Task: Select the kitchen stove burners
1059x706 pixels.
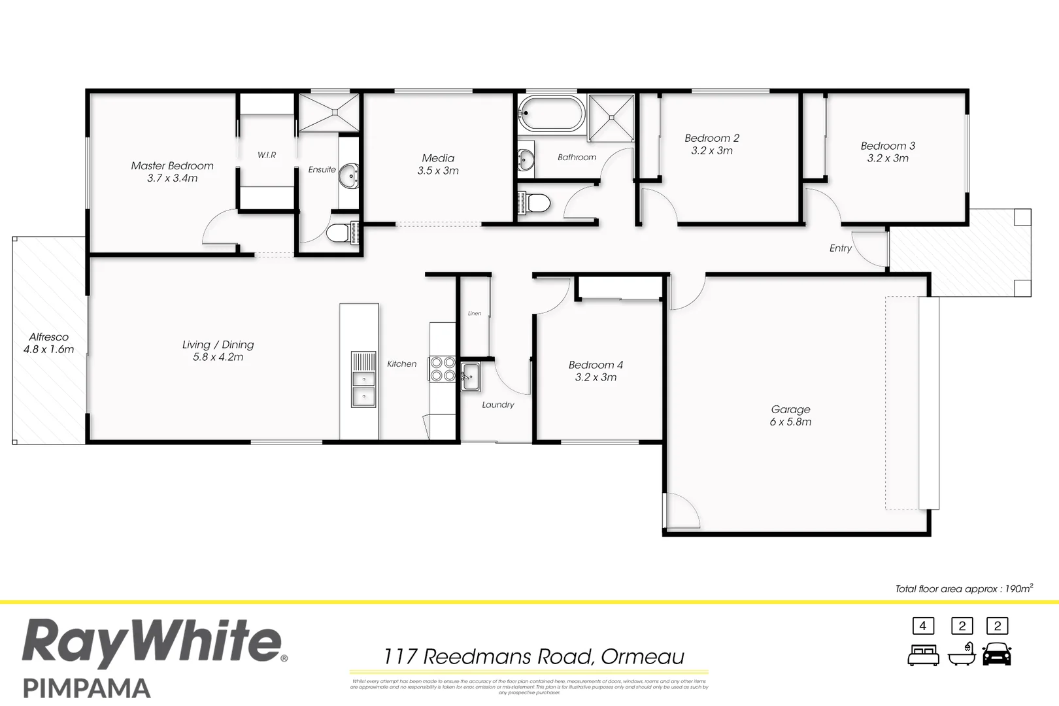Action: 442,369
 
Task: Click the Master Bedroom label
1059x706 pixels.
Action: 172,166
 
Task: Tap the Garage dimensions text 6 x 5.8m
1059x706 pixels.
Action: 790,422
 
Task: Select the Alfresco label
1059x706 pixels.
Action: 48,337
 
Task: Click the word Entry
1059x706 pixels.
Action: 840,248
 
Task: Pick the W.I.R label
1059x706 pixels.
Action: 267,155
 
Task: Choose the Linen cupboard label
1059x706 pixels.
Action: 475,314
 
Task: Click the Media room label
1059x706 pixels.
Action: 438,158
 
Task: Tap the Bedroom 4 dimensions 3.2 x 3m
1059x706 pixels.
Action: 596,377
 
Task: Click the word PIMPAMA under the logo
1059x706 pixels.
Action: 87,688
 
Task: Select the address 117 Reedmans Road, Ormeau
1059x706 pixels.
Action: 533,656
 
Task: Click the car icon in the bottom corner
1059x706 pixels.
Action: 996,654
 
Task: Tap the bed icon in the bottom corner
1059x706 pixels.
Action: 923,654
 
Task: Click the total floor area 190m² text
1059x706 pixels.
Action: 964,589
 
